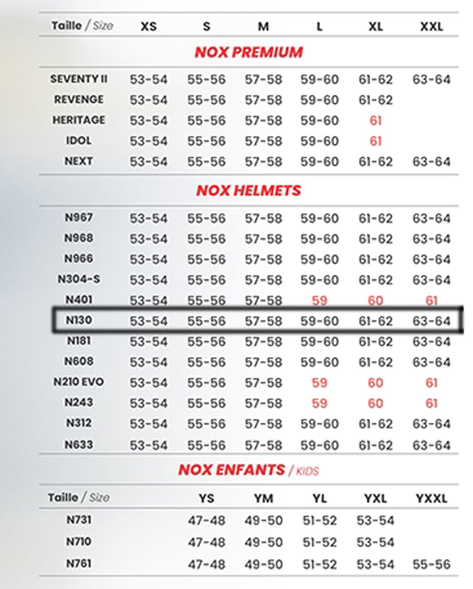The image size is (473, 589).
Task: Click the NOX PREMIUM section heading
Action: click(x=248, y=52)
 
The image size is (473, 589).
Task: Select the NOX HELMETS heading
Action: click(x=248, y=190)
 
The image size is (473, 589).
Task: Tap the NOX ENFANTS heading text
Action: click(x=232, y=470)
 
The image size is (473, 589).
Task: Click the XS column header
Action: click(x=149, y=26)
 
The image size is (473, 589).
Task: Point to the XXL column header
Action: click(x=431, y=26)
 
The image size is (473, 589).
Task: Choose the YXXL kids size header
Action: click(x=431, y=499)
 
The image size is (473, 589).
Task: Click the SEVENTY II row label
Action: click(x=79, y=79)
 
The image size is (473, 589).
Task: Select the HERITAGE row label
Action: click(x=79, y=120)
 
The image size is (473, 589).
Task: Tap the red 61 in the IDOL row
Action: click(x=375, y=141)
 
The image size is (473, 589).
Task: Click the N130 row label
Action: click(x=79, y=321)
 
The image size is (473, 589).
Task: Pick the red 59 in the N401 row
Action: click(x=319, y=300)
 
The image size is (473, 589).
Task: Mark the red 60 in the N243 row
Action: click(x=375, y=403)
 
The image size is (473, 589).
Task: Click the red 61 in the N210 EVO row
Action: click(x=431, y=383)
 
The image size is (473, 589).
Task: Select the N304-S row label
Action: click(x=79, y=279)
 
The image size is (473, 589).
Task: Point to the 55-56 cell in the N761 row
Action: click(x=431, y=564)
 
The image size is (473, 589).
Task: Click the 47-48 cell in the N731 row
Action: click(x=206, y=521)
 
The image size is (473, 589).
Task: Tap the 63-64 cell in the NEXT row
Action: click(x=431, y=161)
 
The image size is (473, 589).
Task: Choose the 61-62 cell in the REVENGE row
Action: click(x=375, y=100)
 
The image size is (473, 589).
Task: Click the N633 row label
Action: click(x=79, y=445)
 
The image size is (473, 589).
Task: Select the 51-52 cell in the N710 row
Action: click(x=319, y=543)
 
